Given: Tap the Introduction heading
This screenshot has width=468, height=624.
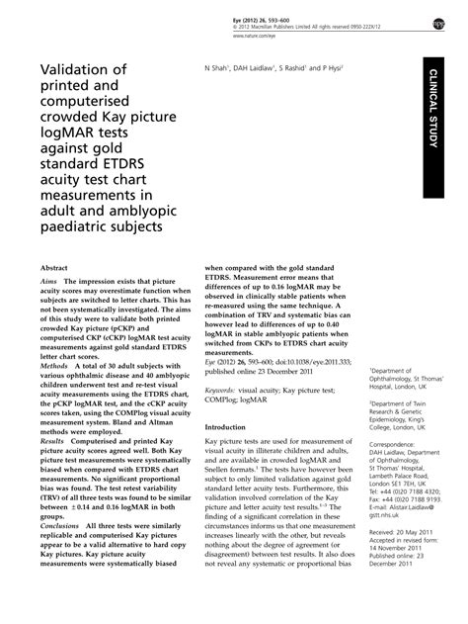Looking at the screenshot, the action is (x=225, y=427).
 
